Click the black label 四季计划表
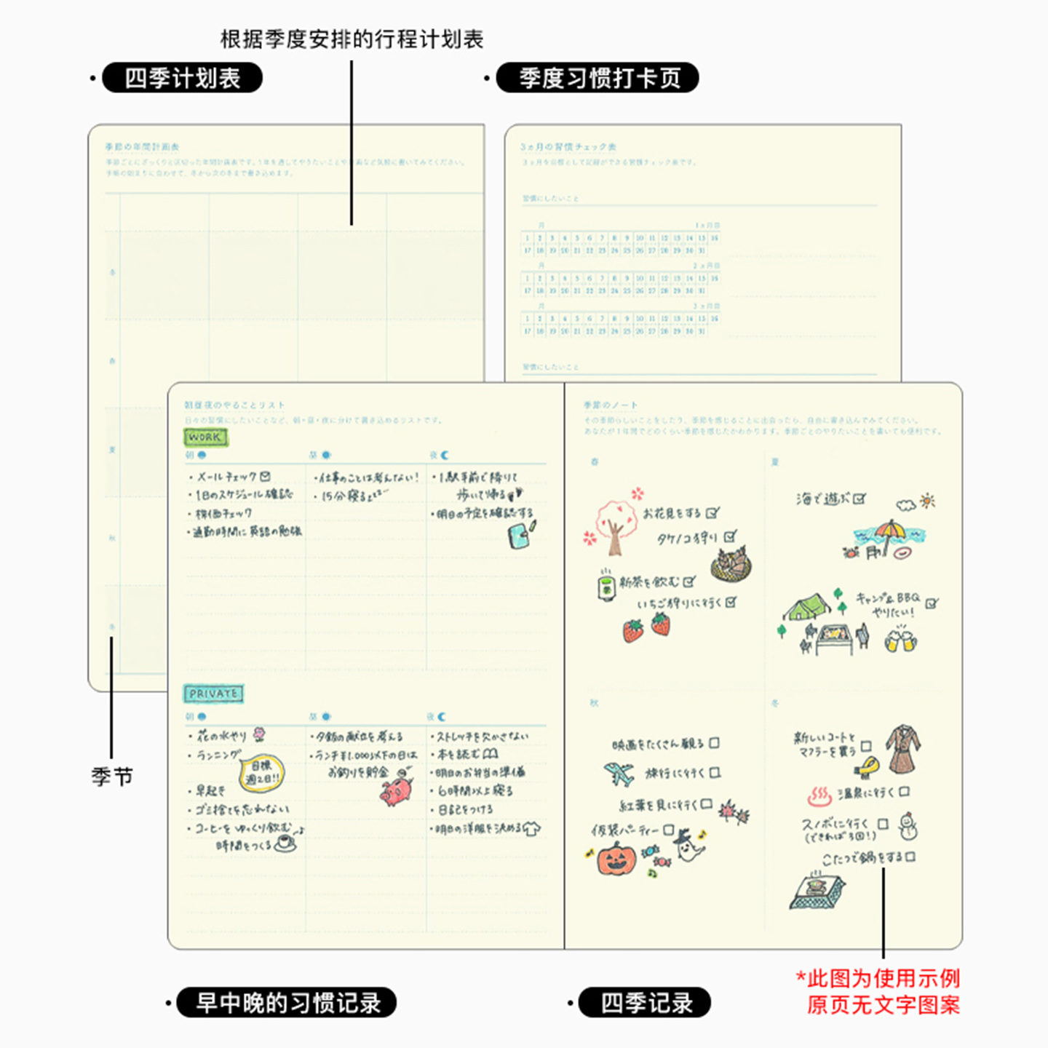click(182, 78)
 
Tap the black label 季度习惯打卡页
click(598, 78)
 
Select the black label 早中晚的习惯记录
click(287, 1002)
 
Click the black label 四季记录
click(645, 1002)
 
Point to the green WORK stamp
click(205, 437)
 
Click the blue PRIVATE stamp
click(213, 694)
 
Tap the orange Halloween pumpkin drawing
click(616, 860)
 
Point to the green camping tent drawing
click(806, 607)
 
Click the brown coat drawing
click(903, 749)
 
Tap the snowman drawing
click(907, 827)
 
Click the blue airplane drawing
click(619, 774)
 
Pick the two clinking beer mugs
click(900, 640)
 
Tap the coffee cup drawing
click(285, 843)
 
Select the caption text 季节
click(112, 777)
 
